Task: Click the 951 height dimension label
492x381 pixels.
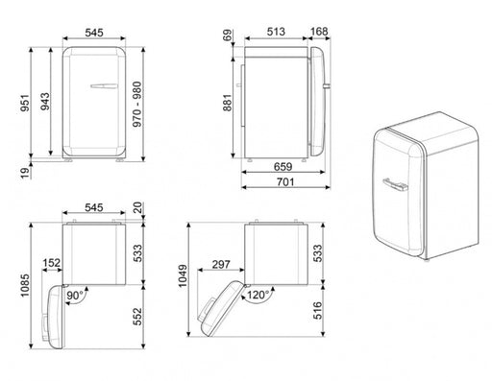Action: pyautogui.click(x=25, y=103)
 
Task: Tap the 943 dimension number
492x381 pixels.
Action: pyautogui.click(x=45, y=102)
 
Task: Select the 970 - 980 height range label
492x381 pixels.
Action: pyautogui.click(x=137, y=105)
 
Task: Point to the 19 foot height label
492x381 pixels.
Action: pyautogui.click(x=25, y=173)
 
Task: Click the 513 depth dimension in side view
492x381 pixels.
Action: pyautogui.click(x=276, y=32)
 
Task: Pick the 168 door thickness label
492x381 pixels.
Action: pyautogui.click(x=319, y=32)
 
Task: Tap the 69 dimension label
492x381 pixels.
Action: pyautogui.click(x=227, y=36)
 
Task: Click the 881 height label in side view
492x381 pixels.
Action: pyautogui.click(x=227, y=103)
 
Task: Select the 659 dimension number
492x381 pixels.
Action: pyautogui.click(x=283, y=167)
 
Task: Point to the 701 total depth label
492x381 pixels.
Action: pyautogui.click(x=285, y=181)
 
